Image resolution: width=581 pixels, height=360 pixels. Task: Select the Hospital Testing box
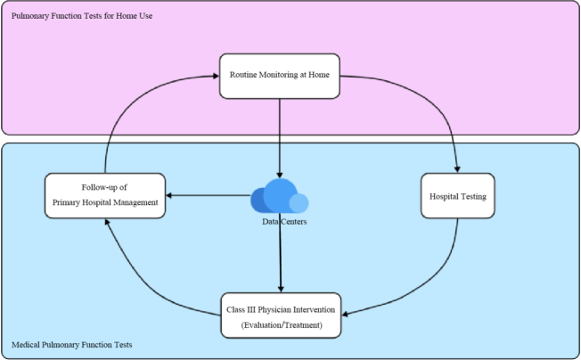click(x=457, y=195)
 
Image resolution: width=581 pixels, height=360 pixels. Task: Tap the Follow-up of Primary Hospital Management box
click(x=104, y=195)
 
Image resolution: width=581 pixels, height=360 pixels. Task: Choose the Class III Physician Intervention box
click(x=281, y=315)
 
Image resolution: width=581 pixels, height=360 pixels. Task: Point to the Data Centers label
click(x=284, y=221)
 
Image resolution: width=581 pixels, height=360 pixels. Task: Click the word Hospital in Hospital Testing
click(x=446, y=195)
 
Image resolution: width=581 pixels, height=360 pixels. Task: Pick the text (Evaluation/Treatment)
click(x=281, y=325)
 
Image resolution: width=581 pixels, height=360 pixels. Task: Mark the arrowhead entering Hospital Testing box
click(x=457, y=169)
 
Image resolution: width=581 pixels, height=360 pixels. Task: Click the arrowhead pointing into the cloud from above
click(x=281, y=176)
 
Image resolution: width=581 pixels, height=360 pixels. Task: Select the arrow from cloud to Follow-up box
click(x=209, y=196)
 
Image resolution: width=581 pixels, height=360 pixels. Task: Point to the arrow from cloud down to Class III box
click(x=282, y=258)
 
